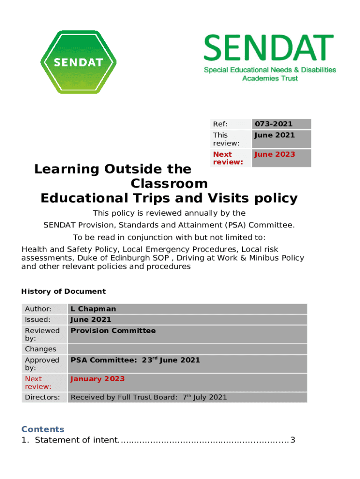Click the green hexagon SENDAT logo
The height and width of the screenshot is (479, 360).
click(x=78, y=62)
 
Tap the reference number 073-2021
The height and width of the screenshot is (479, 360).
click(x=274, y=124)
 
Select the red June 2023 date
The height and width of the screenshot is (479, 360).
click(x=274, y=154)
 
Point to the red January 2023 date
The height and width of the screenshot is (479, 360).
click(x=97, y=379)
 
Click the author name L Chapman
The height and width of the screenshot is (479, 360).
click(x=93, y=309)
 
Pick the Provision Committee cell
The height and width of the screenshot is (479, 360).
click(x=113, y=331)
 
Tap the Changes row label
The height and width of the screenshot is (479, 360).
click(x=40, y=349)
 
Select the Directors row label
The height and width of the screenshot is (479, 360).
click(x=42, y=398)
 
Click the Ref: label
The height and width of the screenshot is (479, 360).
click(x=220, y=124)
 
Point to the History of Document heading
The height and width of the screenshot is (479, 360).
click(x=64, y=291)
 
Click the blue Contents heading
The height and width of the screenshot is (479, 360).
click(x=43, y=429)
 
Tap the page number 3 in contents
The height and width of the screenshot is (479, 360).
click(x=293, y=440)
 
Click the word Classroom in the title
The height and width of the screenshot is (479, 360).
click(x=169, y=183)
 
